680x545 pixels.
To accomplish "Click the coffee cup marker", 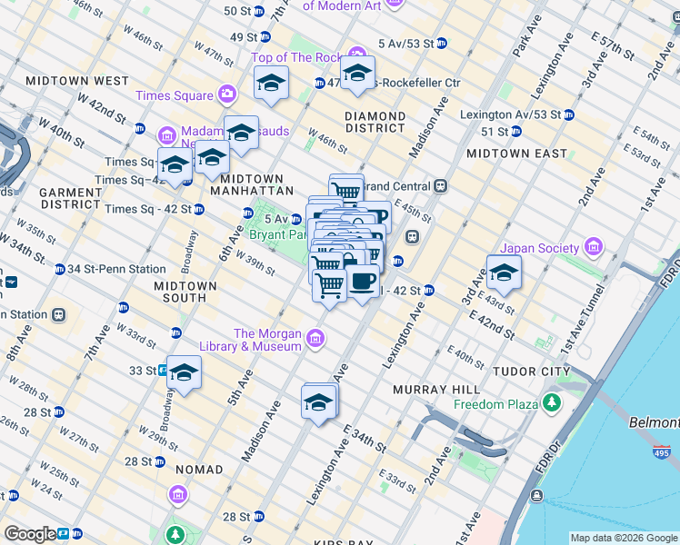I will tap(363, 282).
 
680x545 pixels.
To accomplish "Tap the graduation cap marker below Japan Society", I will tap(504, 272).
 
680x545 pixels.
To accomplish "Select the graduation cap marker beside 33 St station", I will tap(184, 373).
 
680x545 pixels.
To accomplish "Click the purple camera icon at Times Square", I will tap(225, 94).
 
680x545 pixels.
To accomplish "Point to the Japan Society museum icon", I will tap(593, 247).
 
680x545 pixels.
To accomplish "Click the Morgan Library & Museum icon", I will tap(315, 340).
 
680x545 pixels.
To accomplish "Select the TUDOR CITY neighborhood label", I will tap(530, 372).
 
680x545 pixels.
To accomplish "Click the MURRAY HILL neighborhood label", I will tap(429, 390).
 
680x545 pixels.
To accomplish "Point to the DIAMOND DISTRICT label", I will tap(375, 123).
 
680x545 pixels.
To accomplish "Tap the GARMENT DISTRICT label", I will tap(71, 199).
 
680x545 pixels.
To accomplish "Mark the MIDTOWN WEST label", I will tap(78, 81).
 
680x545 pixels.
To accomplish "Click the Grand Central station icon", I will tap(441, 185).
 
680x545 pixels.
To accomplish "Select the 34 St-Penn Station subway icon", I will tap(60, 269).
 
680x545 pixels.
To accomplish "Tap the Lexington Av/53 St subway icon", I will tap(568, 115).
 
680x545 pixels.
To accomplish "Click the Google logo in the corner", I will tap(30, 534).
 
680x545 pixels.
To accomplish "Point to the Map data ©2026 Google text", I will tap(622, 538).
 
